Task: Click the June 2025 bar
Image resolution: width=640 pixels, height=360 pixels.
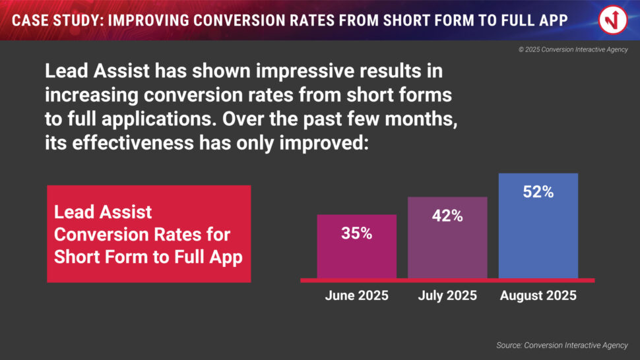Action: (x=356, y=254)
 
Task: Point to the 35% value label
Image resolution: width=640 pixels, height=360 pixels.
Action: (x=356, y=233)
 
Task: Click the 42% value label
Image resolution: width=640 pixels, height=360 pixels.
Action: (x=447, y=215)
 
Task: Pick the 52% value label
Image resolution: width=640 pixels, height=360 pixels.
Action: (x=538, y=193)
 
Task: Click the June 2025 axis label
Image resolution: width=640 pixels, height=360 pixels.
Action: (x=356, y=295)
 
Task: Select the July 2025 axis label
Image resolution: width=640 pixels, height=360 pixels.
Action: (x=447, y=295)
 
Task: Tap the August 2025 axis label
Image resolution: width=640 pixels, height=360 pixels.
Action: (x=538, y=295)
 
